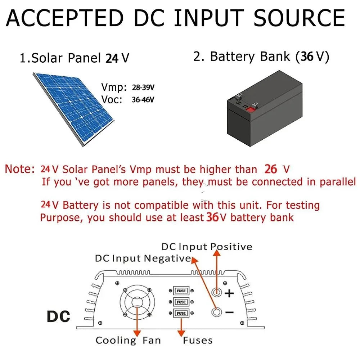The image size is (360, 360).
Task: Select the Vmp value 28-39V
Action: pos(144,88)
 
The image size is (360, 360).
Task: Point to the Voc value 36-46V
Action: pos(144,100)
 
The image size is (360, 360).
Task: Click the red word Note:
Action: pos(20,169)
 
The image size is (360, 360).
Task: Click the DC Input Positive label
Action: pos(207,247)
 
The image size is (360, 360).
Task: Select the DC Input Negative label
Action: pos(143,258)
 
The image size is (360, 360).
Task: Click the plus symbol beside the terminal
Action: pos(229,293)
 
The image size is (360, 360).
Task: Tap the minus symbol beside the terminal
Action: pos(229,312)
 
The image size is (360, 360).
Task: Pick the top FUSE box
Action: pos(181,291)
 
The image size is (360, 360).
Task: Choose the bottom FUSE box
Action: pos(181,313)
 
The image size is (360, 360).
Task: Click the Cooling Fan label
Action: pos(128,340)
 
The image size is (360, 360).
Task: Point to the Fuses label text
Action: pos(198,340)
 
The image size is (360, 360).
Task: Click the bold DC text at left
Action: pos(59,316)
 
